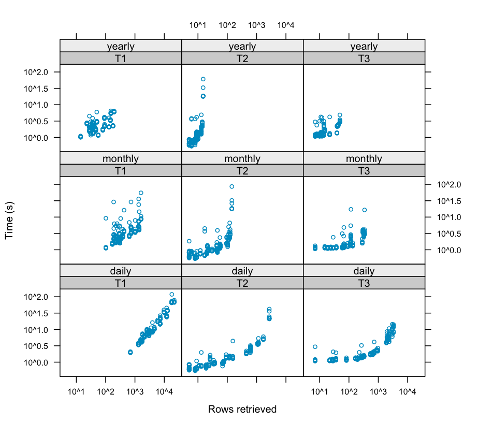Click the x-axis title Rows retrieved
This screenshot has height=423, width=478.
[x=242, y=409]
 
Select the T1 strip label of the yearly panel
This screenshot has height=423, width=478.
[x=121, y=59]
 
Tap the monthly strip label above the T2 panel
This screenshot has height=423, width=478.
[x=242, y=159]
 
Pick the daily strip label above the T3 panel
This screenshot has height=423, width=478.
[x=364, y=271]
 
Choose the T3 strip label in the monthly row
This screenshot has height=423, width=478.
[x=364, y=170]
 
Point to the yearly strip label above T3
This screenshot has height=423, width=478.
[x=364, y=47]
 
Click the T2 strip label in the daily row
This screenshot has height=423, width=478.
[x=242, y=283]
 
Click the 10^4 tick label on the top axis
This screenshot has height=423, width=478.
[x=286, y=25]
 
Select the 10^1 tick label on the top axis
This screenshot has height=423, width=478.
[x=198, y=25]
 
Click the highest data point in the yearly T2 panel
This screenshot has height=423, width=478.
[x=203, y=79]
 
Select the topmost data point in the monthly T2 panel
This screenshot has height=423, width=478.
[x=231, y=186]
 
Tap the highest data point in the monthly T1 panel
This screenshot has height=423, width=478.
[x=140, y=193]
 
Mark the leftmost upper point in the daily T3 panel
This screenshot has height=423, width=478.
[x=315, y=347]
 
